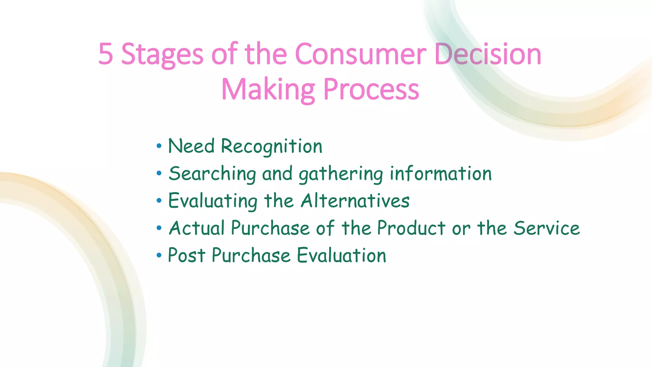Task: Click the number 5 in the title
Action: click(x=106, y=54)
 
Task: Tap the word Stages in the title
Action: click(x=162, y=55)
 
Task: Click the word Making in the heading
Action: click(x=268, y=90)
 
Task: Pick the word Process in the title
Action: click(x=371, y=90)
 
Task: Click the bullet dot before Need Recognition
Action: click(x=159, y=147)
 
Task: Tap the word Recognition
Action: click(x=272, y=147)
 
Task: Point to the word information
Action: click(x=441, y=174)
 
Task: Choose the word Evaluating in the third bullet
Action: click(x=213, y=201)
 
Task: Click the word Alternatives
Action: click(x=355, y=201)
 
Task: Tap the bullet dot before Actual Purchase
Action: click(x=159, y=228)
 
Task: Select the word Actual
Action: click(x=197, y=228)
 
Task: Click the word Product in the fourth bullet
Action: click(x=411, y=228)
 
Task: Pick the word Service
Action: click(x=547, y=228)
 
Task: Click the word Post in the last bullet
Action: click(x=186, y=255)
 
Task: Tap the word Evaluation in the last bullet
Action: click(x=342, y=255)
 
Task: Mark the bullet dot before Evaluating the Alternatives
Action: click(x=159, y=201)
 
